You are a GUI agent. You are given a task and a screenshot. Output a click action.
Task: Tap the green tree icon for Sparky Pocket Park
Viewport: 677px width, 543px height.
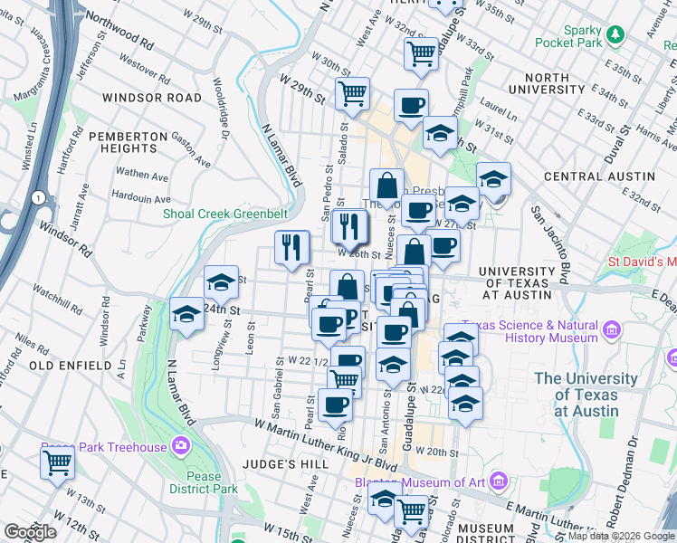point(616,34)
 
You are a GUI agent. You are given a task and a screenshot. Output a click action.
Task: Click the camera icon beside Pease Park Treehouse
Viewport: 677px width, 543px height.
point(180,446)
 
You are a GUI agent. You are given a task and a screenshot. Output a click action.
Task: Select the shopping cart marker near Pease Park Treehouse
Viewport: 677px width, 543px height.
point(57,462)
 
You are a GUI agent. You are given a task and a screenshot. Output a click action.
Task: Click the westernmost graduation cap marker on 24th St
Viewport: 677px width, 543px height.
point(186,314)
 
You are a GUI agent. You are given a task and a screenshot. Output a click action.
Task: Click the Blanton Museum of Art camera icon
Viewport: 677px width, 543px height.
point(497,481)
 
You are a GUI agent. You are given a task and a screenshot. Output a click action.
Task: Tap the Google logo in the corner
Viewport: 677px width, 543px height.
point(31,532)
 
